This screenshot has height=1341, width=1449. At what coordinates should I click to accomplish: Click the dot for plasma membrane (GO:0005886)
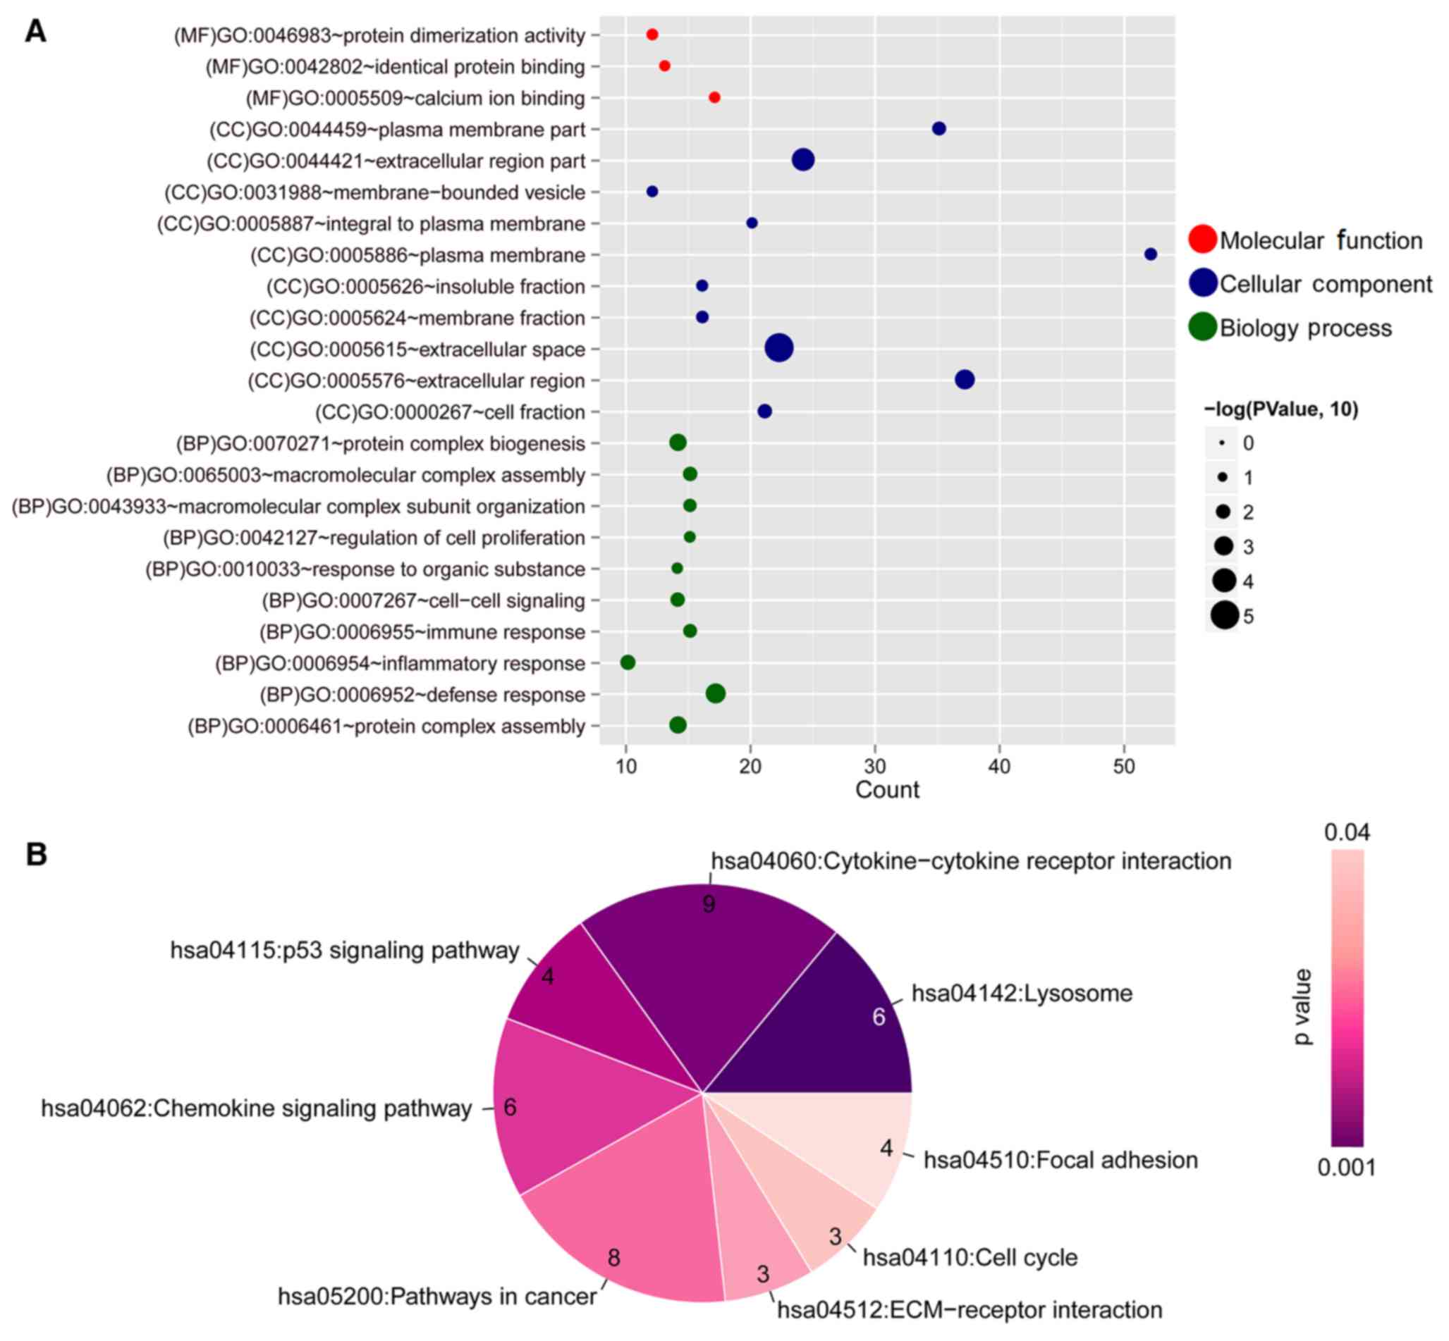(1150, 254)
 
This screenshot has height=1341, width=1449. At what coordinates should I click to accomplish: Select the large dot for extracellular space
(778, 348)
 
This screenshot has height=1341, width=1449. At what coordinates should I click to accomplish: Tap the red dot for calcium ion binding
(714, 97)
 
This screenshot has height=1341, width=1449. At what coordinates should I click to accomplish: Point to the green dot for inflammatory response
(628, 662)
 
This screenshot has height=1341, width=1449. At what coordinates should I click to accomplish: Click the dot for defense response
(715, 693)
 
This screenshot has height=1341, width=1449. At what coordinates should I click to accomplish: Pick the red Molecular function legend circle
(1202, 240)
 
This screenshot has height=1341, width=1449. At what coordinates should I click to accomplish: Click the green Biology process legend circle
(1202, 326)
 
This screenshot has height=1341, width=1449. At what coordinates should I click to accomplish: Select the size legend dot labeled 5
(1224, 616)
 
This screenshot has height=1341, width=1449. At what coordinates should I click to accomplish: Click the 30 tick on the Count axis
(875, 767)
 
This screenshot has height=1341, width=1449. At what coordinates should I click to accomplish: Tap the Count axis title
(886, 789)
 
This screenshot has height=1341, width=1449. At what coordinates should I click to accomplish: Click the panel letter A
(35, 31)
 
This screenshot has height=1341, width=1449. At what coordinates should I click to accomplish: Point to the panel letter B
(36, 855)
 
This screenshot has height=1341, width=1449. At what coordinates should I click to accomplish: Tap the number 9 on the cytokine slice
(709, 904)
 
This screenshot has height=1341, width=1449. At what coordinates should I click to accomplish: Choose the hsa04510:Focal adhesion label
(1060, 1161)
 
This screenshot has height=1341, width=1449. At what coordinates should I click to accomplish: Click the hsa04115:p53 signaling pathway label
(345, 951)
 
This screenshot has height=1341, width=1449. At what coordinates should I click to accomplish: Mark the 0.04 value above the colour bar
(1347, 832)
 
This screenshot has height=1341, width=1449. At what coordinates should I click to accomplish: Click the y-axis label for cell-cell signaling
(423, 601)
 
